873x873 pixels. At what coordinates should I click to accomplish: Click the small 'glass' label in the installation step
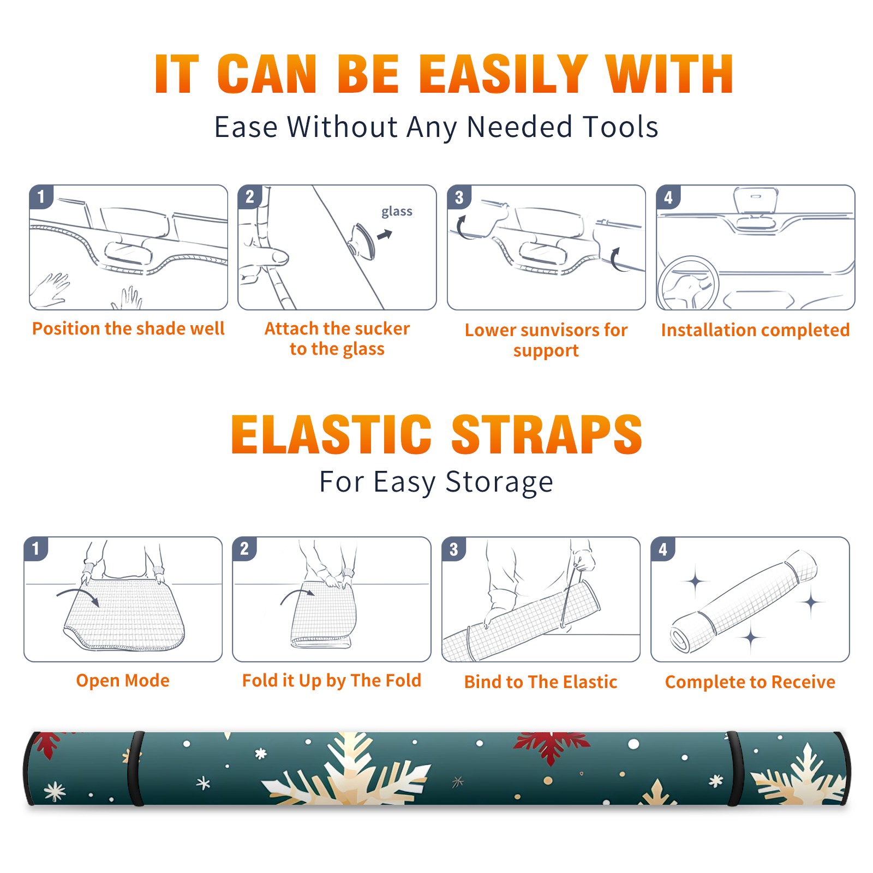tap(397, 212)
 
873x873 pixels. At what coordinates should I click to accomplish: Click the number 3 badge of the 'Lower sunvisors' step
tap(459, 197)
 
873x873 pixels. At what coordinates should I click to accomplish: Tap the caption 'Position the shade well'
tap(128, 328)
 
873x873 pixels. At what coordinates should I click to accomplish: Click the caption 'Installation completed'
tap(755, 330)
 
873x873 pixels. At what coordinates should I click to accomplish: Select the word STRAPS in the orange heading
tap(547, 434)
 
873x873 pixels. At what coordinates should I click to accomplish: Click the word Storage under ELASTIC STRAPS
tap(499, 482)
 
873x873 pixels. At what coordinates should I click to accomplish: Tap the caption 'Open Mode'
tap(123, 680)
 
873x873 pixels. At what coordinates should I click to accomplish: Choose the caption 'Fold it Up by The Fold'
tap(332, 681)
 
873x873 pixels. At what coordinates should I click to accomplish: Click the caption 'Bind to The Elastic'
tap(541, 682)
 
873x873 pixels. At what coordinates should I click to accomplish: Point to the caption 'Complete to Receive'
tap(750, 682)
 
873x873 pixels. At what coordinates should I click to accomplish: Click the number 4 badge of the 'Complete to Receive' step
tap(663, 549)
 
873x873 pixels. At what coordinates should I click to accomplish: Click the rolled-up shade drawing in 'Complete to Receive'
tap(743, 601)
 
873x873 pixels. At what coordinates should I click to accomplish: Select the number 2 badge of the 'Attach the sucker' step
tap(250, 197)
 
